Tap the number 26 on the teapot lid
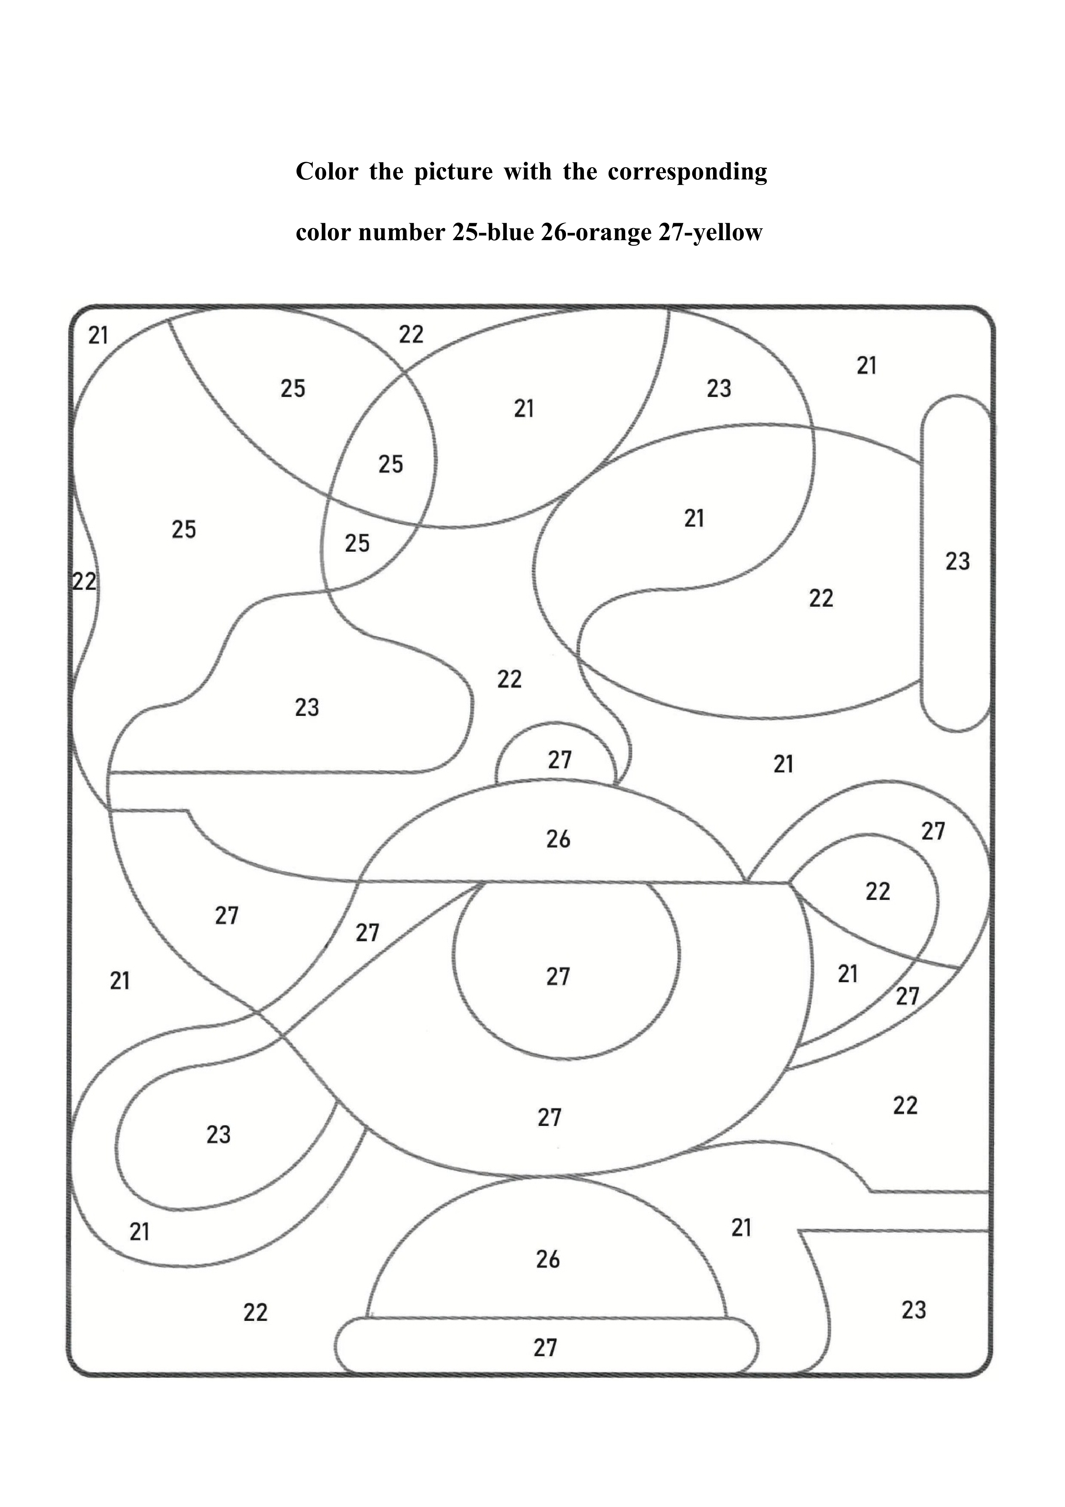pyautogui.click(x=558, y=839)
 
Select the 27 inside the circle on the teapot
pyautogui.click(x=558, y=977)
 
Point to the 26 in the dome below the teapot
pyautogui.click(x=548, y=1259)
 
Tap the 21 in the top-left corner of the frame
pyautogui.click(x=98, y=336)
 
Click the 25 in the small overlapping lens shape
pyautogui.click(x=390, y=465)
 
